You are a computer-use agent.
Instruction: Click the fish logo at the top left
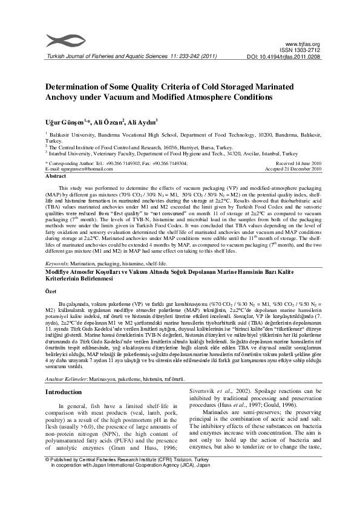[64, 40]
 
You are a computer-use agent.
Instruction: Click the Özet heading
[52, 291]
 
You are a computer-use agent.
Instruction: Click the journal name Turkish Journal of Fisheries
[82, 57]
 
